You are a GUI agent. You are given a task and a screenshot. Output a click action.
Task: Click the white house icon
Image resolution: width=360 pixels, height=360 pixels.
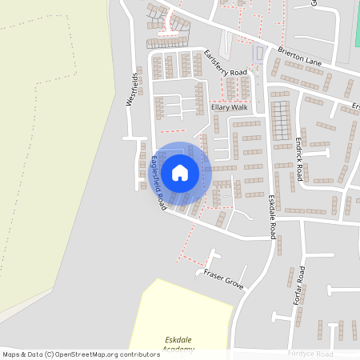point(180,172)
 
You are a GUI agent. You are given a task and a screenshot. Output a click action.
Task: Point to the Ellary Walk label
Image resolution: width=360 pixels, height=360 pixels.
point(230,107)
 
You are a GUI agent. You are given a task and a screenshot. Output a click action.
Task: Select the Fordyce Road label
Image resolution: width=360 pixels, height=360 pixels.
point(313,354)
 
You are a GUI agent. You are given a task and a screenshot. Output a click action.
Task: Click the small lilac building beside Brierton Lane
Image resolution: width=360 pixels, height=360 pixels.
point(258,54)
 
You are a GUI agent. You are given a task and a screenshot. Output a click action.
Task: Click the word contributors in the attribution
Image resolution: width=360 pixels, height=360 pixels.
point(141,354)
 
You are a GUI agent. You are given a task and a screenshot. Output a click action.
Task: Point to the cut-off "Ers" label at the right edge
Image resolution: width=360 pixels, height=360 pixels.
point(356,106)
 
